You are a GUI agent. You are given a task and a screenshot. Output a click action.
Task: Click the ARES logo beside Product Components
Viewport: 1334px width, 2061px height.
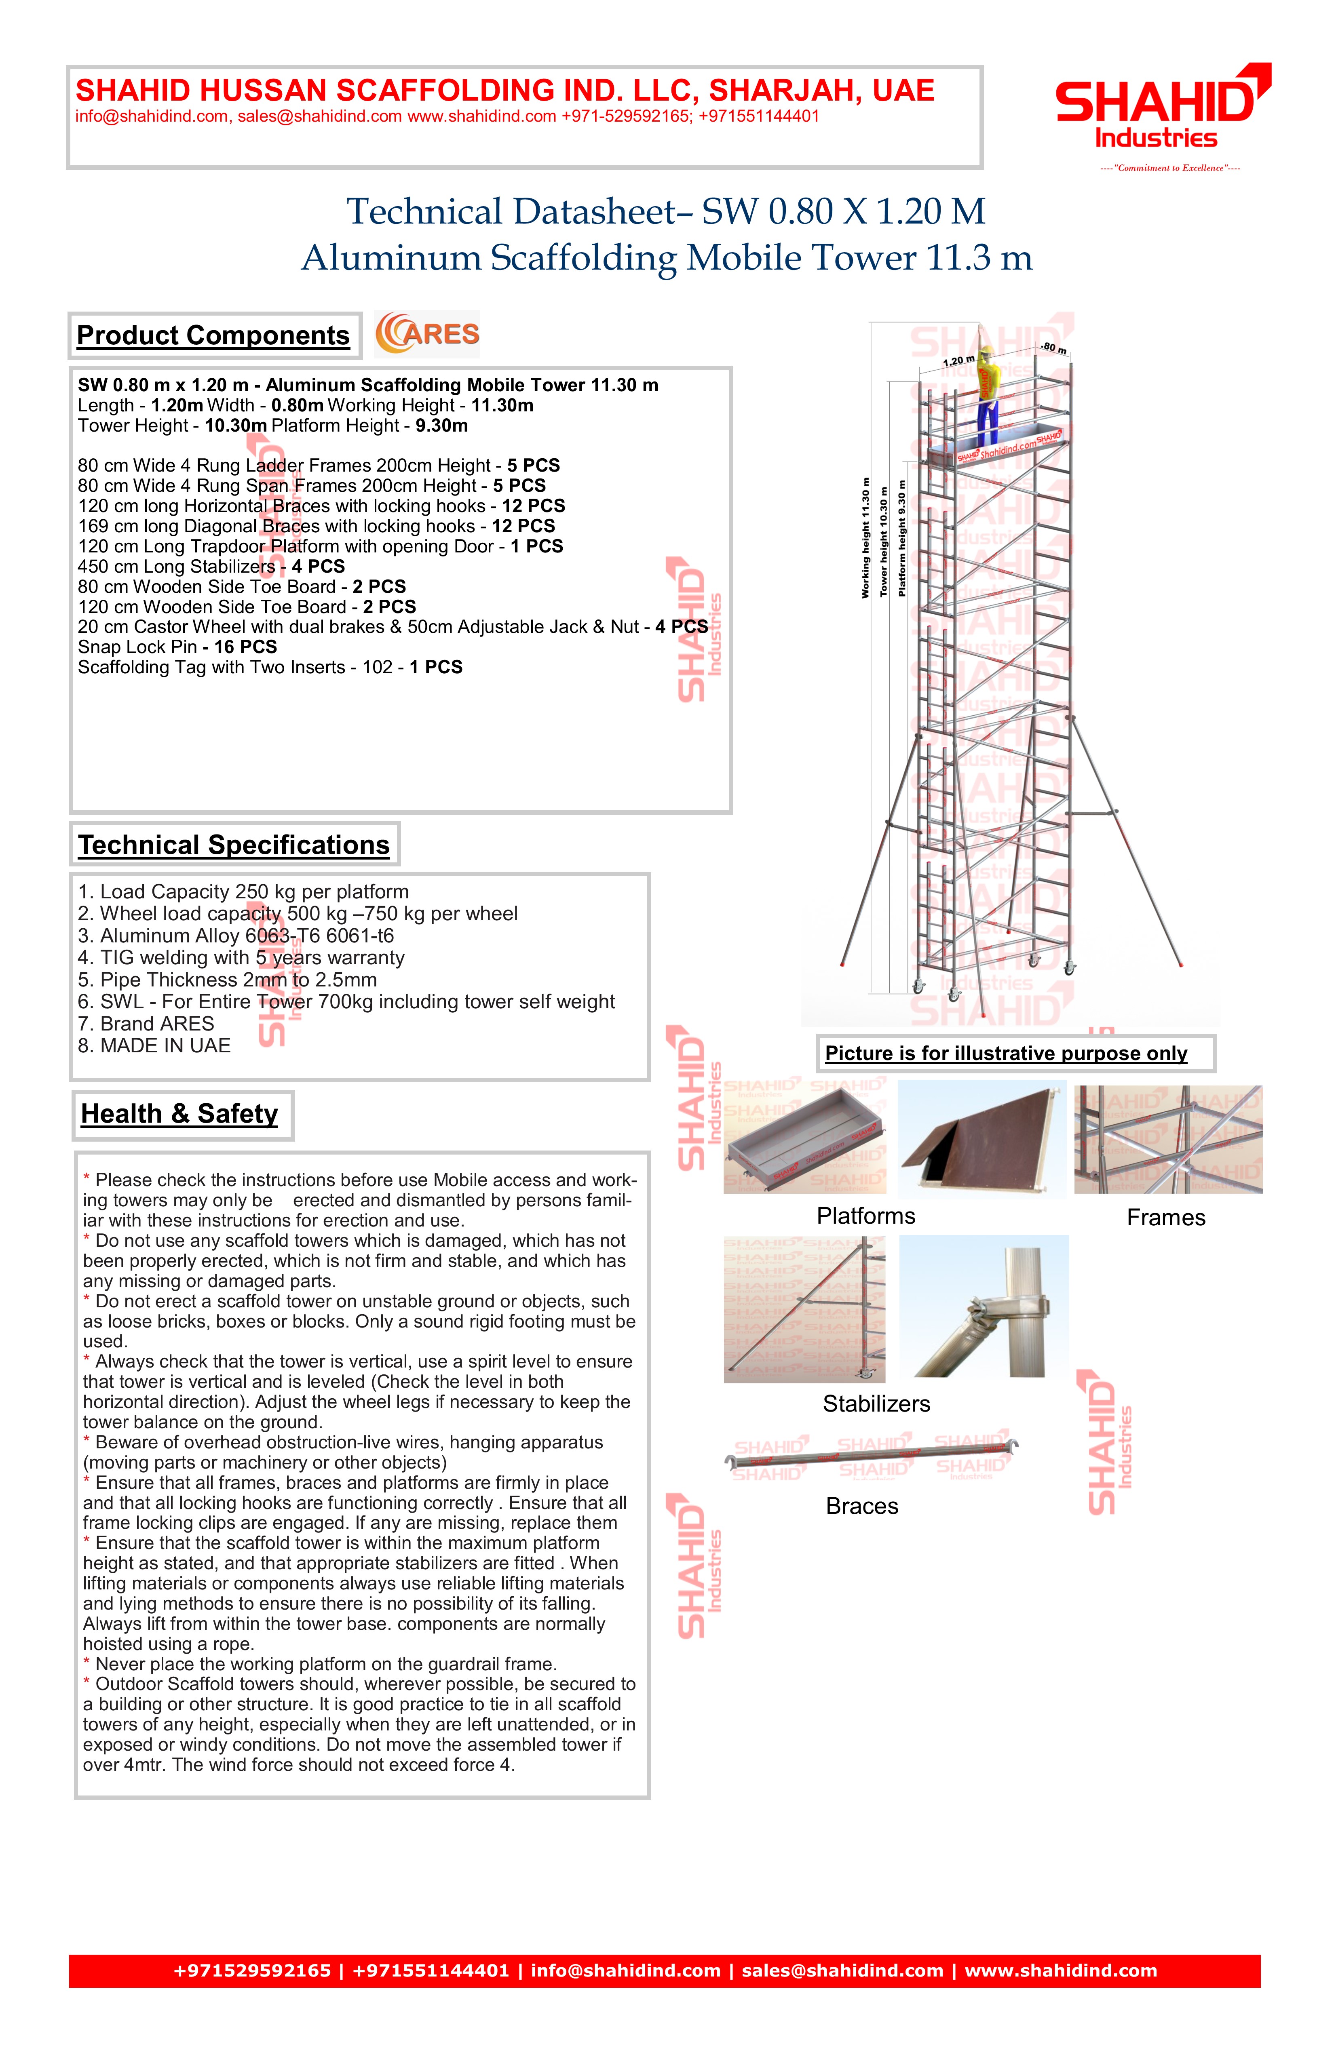coord(427,334)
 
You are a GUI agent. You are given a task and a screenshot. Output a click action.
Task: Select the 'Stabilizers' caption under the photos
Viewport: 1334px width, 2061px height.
coord(876,1404)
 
